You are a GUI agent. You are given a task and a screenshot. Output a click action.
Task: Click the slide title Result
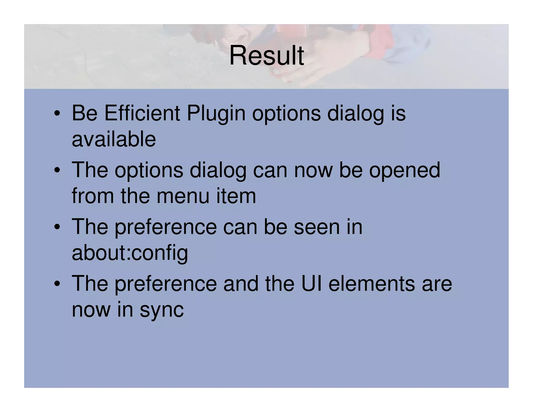(x=266, y=55)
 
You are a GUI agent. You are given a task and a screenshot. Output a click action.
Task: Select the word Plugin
(x=216, y=114)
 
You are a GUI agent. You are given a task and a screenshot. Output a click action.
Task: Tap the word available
(x=114, y=139)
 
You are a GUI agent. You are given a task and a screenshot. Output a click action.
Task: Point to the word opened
(x=404, y=170)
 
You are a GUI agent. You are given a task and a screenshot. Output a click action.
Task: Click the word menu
(x=183, y=196)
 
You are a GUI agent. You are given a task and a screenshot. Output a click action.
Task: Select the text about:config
(x=130, y=253)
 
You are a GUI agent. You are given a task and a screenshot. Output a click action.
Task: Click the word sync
(x=162, y=310)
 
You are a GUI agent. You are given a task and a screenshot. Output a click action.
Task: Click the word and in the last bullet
(x=241, y=284)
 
